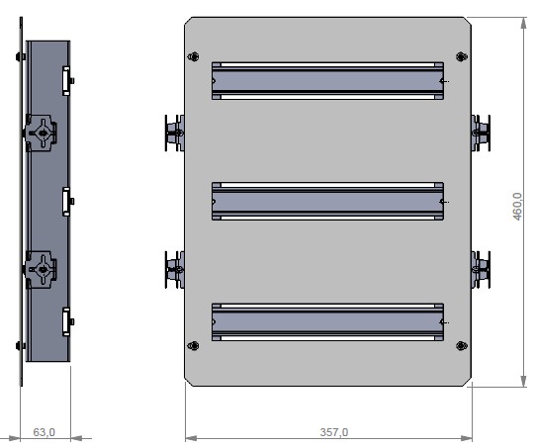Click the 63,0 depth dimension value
pyautogui.click(x=45, y=432)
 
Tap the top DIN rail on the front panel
pyautogui.click(x=327, y=81)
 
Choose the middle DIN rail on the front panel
pyautogui.click(x=327, y=201)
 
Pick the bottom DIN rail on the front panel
pyautogui.click(x=327, y=320)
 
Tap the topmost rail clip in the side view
pyautogui.click(x=66, y=79)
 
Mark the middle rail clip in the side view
pyautogui.click(x=66, y=201)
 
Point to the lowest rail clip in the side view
pyautogui.click(x=66, y=321)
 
